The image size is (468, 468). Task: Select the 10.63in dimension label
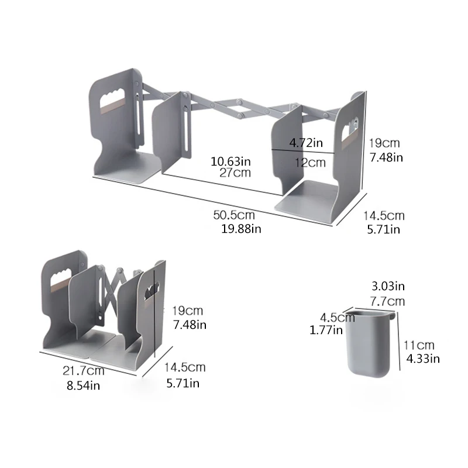click(231, 160)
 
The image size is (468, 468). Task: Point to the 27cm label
click(236, 173)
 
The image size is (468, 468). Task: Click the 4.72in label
click(306, 142)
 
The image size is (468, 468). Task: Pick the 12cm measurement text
click(310, 163)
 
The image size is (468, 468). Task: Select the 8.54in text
click(84, 386)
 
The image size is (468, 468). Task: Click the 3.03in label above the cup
click(388, 286)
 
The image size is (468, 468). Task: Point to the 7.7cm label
click(388, 301)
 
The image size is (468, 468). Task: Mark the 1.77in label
click(326, 331)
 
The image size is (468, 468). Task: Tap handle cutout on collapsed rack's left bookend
click(64, 273)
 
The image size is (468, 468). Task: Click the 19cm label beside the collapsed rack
click(188, 310)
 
